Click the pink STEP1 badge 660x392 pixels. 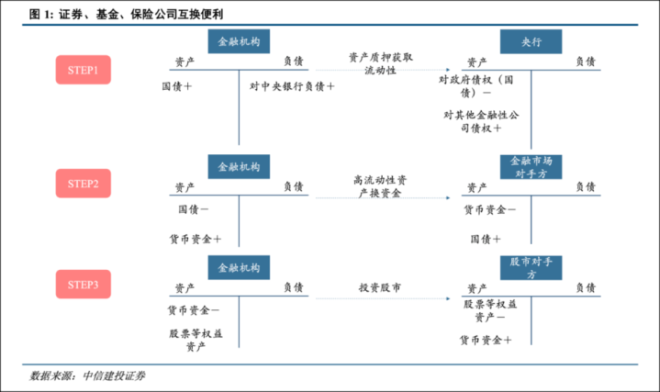[84, 70]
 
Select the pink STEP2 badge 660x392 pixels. [84, 184]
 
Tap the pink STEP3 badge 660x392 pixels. [84, 285]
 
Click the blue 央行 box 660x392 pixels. [531, 41]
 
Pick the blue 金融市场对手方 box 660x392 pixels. [531, 167]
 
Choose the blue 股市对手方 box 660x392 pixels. [531, 268]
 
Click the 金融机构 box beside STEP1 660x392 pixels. [239, 41]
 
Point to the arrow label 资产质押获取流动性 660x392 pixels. [381, 63]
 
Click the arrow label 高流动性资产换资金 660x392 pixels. [380, 186]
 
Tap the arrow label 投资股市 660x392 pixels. [380, 287]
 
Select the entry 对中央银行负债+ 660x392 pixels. [292, 86]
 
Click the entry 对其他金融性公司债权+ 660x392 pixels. [481, 121]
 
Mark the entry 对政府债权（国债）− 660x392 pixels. [476, 86]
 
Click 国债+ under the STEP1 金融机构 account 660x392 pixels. [177, 86]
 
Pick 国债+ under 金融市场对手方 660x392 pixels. [486, 240]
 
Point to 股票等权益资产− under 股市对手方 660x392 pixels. [490, 310]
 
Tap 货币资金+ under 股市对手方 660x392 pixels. [486, 340]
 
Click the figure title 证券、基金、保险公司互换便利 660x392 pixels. [141, 15]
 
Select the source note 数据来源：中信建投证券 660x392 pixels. [87, 375]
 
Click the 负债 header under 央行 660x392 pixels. [586, 62]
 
